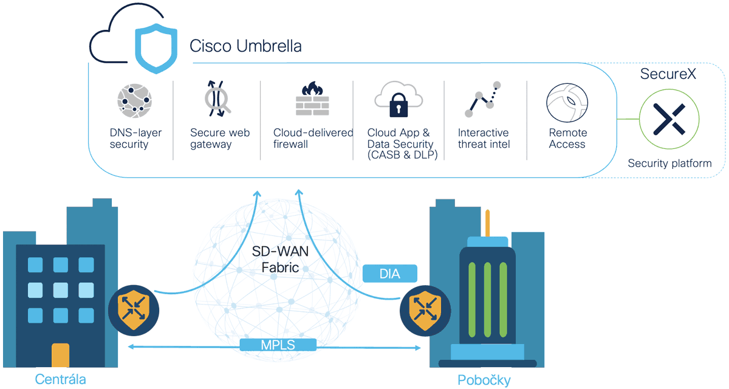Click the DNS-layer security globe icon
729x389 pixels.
134,101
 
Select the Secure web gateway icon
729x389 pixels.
217,98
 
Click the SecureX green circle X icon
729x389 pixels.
669,119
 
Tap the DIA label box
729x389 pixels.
390,274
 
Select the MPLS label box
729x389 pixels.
278,345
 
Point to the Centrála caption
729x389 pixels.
60,380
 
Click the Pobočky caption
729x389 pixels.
484,380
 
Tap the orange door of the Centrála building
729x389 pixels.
60,356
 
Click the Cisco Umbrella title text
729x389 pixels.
245,46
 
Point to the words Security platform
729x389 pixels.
669,163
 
